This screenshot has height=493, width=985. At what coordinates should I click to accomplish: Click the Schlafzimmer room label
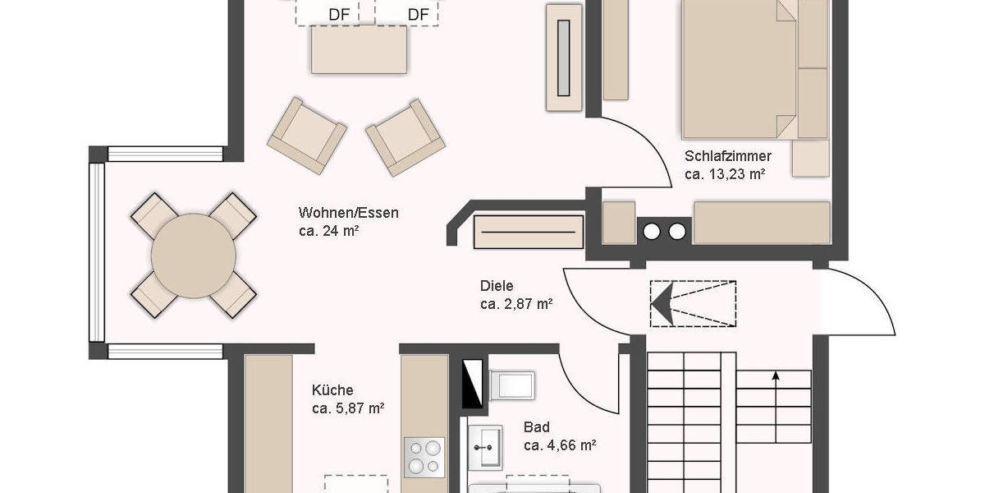(727, 156)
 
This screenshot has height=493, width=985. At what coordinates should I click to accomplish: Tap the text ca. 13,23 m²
(725, 174)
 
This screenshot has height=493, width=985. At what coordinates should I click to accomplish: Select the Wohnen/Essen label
(348, 213)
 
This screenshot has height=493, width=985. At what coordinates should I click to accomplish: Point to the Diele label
(497, 286)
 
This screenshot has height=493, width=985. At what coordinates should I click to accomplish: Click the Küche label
(332, 390)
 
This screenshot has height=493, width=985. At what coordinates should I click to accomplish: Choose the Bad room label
(537, 427)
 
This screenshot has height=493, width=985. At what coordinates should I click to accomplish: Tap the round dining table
(193, 256)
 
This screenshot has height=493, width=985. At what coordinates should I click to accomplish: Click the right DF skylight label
(418, 14)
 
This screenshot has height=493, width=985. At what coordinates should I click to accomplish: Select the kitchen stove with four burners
(424, 456)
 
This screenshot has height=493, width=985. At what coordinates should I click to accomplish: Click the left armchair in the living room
(306, 135)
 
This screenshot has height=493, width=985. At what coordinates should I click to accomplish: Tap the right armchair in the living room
(405, 137)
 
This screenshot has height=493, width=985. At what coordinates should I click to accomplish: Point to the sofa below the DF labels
(359, 49)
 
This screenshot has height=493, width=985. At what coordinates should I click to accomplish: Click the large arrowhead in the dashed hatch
(662, 303)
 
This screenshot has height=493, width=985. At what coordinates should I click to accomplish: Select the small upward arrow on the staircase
(776, 377)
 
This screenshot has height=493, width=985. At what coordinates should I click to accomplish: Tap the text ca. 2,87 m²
(515, 304)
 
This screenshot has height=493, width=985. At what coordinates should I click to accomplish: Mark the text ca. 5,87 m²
(348, 408)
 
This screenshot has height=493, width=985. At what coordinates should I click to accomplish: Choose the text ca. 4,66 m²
(559, 445)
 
